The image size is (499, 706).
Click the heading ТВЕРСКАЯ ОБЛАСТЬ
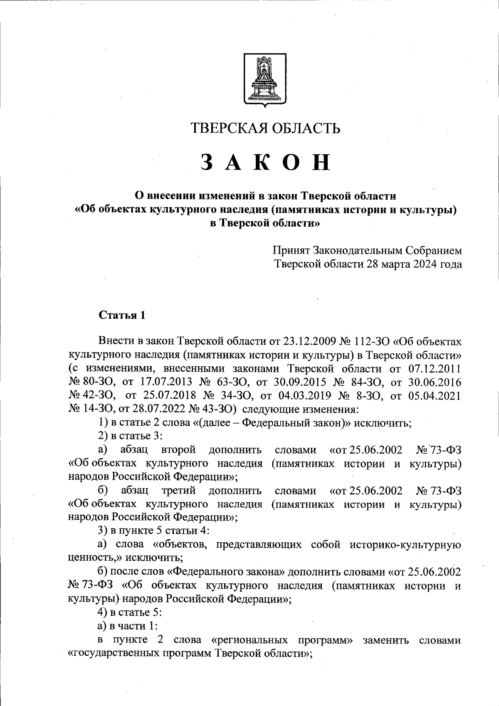point(265,128)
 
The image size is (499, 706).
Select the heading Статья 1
point(122,315)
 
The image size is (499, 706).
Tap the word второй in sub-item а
point(178,450)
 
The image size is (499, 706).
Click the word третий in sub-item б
point(178,491)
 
